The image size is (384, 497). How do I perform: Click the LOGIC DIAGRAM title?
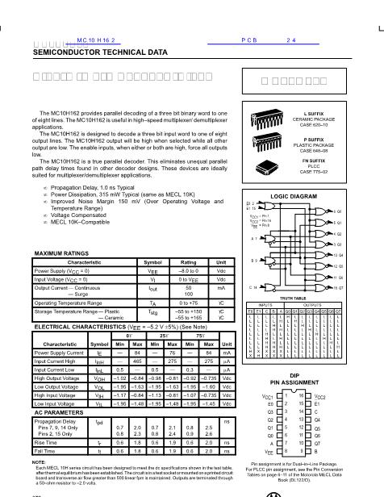coord(312,196)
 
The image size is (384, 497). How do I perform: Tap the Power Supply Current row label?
coord(61,353)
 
